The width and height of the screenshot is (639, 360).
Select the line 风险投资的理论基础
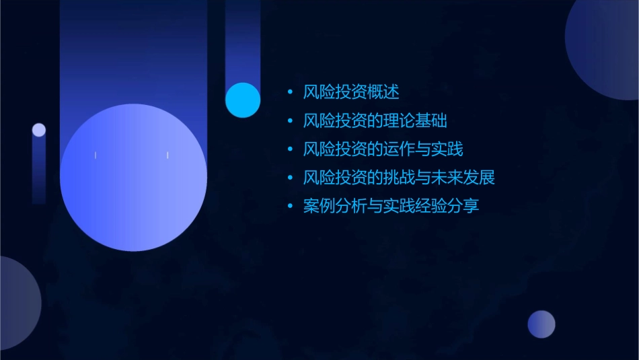(375, 121)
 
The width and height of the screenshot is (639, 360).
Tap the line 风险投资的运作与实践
(383, 149)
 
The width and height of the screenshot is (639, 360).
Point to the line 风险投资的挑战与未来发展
(399, 178)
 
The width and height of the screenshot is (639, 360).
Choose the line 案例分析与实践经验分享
(391, 206)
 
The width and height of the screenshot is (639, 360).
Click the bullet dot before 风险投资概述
(289, 92)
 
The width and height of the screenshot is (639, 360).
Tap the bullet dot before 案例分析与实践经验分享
(289, 206)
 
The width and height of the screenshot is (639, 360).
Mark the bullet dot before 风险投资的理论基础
(289, 121)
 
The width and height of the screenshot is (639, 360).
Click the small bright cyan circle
(243, 100)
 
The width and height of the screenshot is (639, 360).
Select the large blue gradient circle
(133, 178)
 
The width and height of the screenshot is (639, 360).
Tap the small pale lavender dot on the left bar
(39, 130)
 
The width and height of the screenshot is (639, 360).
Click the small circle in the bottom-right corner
(541, 324)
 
